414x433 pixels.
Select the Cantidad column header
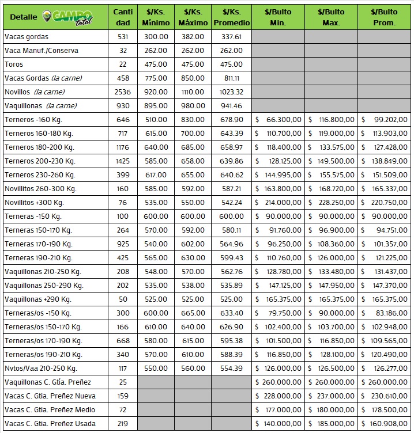122,17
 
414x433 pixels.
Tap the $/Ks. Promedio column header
232,17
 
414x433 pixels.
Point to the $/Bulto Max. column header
332,17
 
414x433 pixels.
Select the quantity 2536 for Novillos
122,92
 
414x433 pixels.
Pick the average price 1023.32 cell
232,92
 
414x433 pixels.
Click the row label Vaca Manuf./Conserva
41,51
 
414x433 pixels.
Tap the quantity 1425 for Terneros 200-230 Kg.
122,161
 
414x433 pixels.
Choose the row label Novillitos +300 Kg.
34,203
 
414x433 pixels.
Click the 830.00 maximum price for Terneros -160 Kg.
194,120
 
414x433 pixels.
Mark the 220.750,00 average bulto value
387,203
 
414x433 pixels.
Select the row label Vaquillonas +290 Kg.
37,299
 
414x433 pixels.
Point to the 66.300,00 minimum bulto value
280,120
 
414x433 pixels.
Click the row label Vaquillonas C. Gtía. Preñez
47,382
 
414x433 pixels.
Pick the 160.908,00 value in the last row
387,424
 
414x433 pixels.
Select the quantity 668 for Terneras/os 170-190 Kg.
122,341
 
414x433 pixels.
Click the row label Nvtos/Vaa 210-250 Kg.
40,369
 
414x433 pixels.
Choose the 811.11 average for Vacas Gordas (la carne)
232,78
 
